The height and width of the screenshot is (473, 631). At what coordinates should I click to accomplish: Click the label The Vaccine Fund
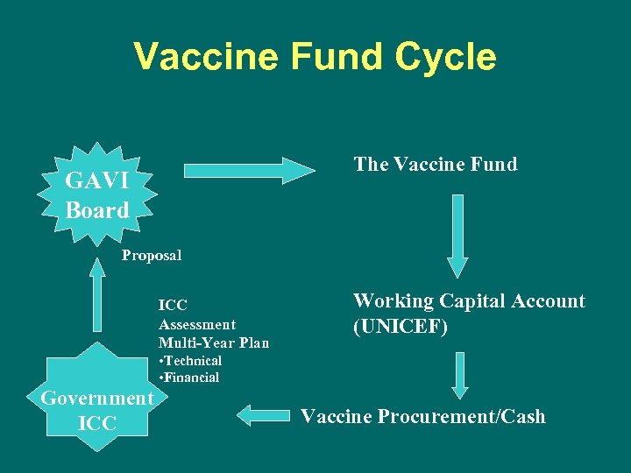[435, 164]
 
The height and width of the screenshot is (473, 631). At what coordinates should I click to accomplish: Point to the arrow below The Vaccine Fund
[457, 235]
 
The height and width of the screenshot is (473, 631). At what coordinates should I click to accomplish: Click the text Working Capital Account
[469, 301]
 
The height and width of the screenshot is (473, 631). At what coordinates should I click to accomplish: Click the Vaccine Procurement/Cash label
[422, 416]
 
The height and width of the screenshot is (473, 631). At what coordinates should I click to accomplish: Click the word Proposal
[152, 256]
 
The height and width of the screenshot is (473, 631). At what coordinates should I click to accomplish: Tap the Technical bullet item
[190, 361]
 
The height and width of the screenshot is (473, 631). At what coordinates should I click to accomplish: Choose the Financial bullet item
[189, 378]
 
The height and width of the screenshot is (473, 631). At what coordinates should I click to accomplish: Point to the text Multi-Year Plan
[214, 342]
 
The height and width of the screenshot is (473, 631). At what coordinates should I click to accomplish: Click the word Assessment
[197, 324]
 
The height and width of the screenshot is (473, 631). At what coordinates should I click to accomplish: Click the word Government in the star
[97, 398]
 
